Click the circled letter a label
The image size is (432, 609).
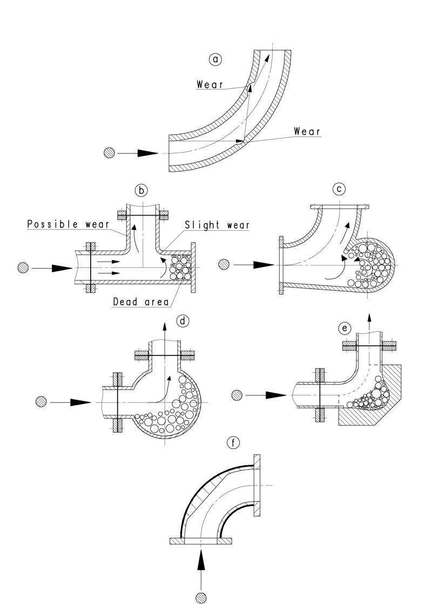tap(216, 60)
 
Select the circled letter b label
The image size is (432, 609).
tap(141, 190)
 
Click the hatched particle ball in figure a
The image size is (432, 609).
tap(109, 153)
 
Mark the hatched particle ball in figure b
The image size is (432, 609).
tap(23, 267)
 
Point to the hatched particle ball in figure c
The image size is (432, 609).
tap(224, 264)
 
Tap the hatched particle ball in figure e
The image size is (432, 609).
tap(236, 395)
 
